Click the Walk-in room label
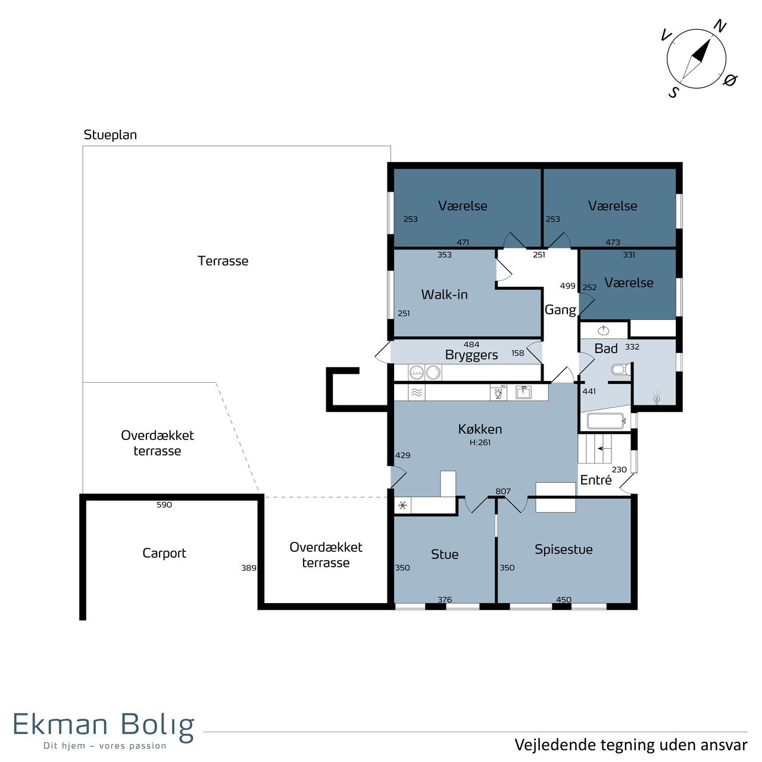[444, 295]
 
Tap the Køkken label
[480, 429]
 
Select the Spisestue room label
[564, 549]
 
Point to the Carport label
[164, 553]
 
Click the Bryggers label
[471, 355]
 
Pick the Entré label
[596, 480]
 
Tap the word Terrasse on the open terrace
[223, 261]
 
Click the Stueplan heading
[110, 135]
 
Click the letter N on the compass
[720, 26]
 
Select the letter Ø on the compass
[730, 80]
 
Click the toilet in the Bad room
[621, 370]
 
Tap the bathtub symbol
[606, 421]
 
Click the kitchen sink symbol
[523, 392]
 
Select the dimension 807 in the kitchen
[503, 491]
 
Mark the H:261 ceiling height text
[480, 442]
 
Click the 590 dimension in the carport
[164, 505]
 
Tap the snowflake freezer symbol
[402, 505]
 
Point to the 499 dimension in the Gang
[567, 286]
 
